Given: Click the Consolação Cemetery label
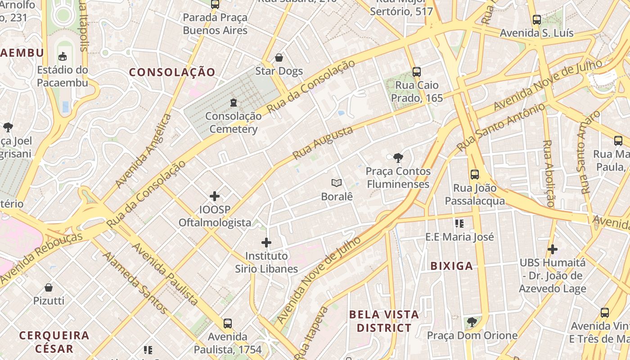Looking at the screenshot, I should pos(233,122).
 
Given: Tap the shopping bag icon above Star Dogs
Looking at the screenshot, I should pos(279,58).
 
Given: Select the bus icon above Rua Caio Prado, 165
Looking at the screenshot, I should pos(417,72).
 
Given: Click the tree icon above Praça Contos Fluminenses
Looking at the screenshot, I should pos(398,157).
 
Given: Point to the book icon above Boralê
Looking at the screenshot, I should pos(337,183).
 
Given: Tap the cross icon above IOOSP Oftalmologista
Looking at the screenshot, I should pos(215,196).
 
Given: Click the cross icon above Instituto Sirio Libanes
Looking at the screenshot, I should pos(266,243).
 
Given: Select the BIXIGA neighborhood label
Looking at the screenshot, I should pos(452,266).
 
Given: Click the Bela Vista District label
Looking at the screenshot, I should pos(384,321).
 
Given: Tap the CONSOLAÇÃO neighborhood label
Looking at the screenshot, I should pos(172,72).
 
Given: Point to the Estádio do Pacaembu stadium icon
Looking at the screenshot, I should pos(63,56).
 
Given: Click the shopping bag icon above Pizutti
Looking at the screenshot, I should pos(49,287).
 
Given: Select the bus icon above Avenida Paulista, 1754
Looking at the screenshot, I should pos(228,323).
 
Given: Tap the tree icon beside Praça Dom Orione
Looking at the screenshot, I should pos(472,322).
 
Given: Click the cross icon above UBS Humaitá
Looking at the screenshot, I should pos(553,249).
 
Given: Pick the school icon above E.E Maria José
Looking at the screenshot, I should pos(459,223).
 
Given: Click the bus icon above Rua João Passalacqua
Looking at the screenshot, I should pos(475,175).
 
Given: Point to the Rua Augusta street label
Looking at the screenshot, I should pos(323,143).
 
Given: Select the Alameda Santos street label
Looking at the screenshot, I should pos(135,283).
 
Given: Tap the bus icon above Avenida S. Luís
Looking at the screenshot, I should pos(536,20).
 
